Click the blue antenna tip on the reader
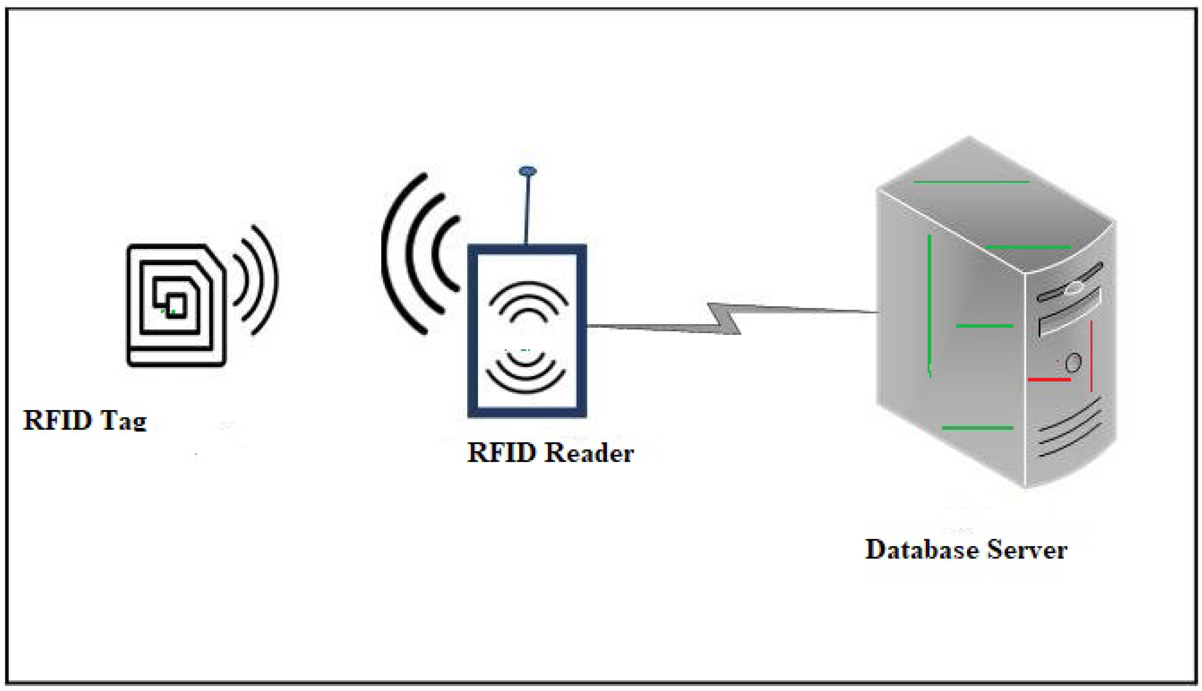[527, 171]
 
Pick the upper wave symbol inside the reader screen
[528, 299]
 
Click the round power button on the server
[1073, 363]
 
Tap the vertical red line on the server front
[1091, 356]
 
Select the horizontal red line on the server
[1049, 380]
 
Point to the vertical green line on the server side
[929, 304]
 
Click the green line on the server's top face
[971, 182]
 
